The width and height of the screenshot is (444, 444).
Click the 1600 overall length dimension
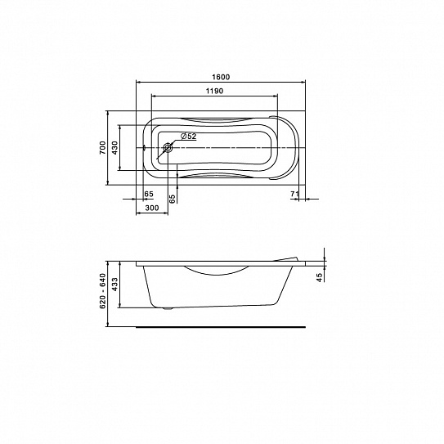pyautogui.click(x=221, y=77)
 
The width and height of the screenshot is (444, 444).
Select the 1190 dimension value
pyautogui.click(x=214, y=91)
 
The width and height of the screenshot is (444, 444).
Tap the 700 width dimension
pyautogui.click(x=102, y=147)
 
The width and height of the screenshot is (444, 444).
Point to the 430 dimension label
pyautogui.click(x=115, y=147)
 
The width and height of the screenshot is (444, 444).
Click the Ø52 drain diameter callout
pyautogui.click(x=188, y=137)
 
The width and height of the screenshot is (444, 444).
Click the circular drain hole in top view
pyautogui.click(x=168, y=147)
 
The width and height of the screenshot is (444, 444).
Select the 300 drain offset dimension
pyautogui.click(x=152, y=209)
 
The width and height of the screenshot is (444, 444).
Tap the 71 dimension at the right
pyautogui.click(x=294, y=194)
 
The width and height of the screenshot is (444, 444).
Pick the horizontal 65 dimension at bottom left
pyautogui.click(x=149, y=194)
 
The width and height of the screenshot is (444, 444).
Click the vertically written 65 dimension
pyautogui.click(x=173, y=199)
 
